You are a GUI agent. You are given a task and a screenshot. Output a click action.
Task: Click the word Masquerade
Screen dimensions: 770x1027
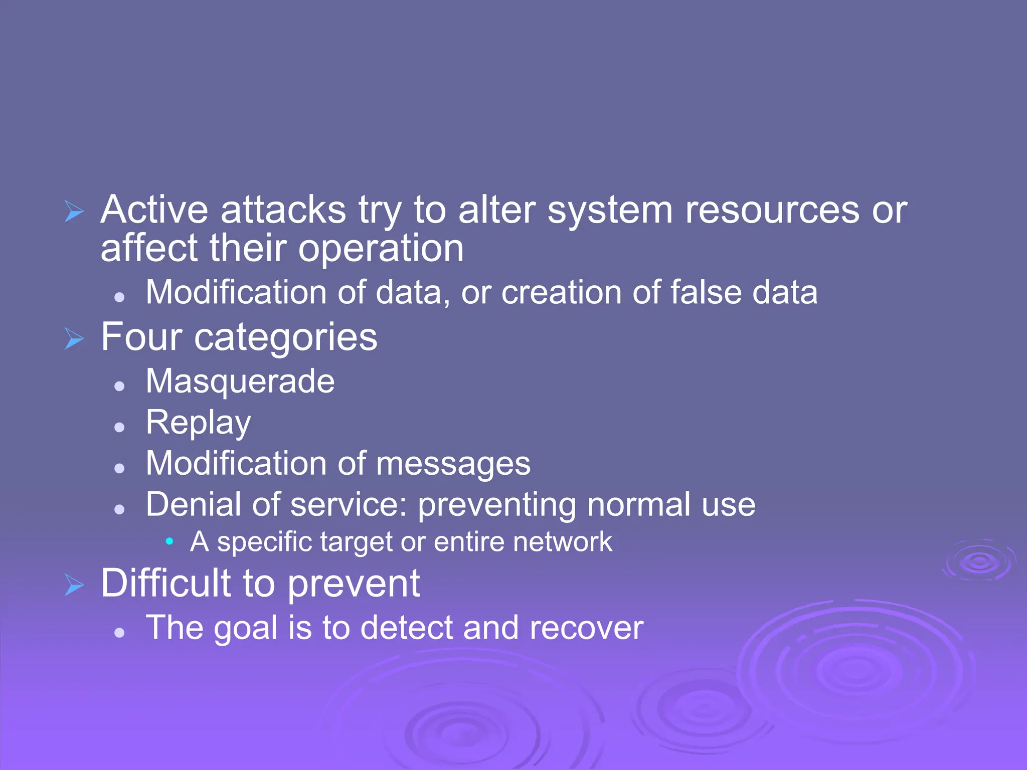click(240, 382)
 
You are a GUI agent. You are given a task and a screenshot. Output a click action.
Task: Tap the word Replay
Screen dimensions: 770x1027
click(198, 423)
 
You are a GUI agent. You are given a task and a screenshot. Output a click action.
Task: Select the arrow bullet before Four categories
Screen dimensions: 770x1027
click(74, 339)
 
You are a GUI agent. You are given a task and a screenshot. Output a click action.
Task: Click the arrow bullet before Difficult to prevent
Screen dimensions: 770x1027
click(74, 585)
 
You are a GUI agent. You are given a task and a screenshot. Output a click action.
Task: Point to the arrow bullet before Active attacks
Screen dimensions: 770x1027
click(74, 211)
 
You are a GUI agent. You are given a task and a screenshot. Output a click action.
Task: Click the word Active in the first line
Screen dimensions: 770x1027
click(154, 210)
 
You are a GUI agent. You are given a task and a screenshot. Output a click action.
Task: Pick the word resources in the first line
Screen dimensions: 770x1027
click(772, 210)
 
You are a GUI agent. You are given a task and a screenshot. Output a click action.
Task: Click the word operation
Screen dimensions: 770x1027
click(381, 249)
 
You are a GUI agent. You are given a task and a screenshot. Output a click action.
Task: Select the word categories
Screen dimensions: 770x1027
click(285, 338)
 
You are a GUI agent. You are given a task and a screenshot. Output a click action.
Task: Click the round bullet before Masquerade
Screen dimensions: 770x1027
click(119, 386)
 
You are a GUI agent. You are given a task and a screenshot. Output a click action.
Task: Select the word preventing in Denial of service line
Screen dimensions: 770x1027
click(496, 505)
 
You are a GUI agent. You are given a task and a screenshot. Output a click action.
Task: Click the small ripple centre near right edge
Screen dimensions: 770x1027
click(979, 561)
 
